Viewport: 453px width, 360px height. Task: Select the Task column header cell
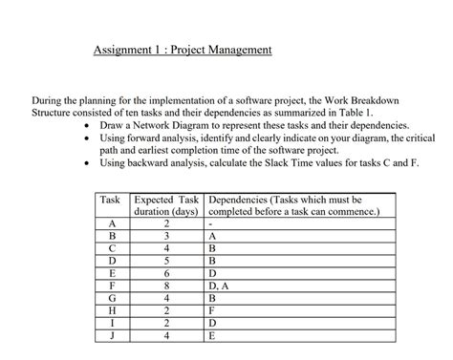(x=110, y=200)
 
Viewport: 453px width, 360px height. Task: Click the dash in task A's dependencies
(x=209, y=223)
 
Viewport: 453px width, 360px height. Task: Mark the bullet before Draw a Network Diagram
(x=89, y=126)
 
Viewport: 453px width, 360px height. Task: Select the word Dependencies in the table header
(x=235, y=200)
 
